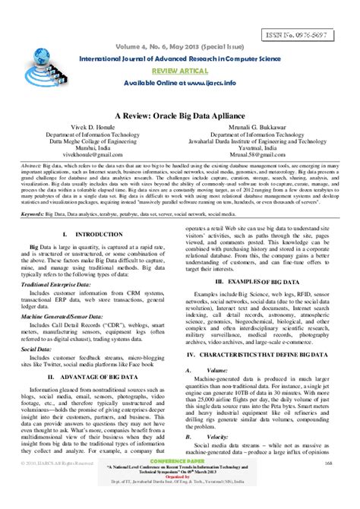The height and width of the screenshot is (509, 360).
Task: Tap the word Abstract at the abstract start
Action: tap(31, 163)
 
